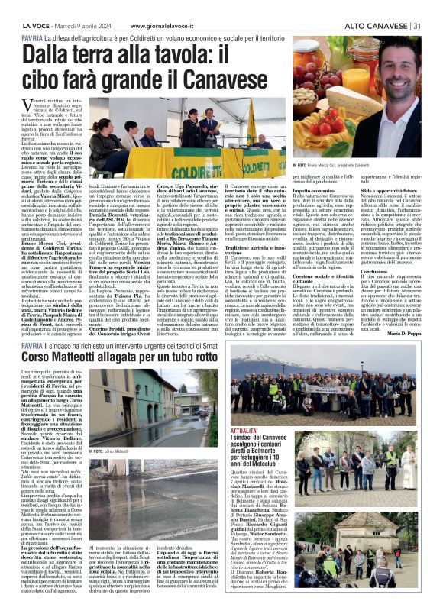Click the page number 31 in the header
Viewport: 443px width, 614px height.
[x=417, y=25]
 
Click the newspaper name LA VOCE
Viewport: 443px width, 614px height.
[x=35, y=25]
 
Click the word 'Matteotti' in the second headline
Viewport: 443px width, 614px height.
[x=86, y=357]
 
